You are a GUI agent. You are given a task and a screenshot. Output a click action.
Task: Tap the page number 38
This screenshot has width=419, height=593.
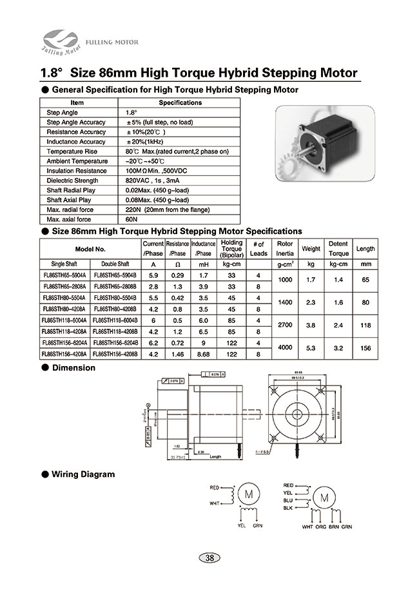[x=209, y=558]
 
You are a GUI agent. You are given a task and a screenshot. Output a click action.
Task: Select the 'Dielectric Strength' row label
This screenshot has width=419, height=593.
[x=68, y=180]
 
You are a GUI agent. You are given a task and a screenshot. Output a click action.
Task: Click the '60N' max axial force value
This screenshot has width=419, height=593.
[x=132, y=219]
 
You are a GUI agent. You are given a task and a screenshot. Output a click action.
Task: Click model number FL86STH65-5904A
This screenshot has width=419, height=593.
[x=64, y=275]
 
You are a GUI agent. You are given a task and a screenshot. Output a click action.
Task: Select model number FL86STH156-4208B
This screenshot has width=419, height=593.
[x=115, y=354]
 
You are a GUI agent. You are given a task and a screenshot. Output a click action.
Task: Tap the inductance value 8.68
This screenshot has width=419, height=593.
[x=203, y=354]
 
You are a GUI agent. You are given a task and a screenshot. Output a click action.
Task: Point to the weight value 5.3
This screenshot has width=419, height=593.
[x=311, y=349]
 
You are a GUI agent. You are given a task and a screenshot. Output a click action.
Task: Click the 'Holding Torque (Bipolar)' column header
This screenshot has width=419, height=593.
[x=231, y=248]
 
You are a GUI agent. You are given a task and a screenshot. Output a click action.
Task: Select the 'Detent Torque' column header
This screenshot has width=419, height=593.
[x=338, y=249]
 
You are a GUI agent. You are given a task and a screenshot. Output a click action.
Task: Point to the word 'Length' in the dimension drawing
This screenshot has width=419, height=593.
[x=215, y=456]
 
